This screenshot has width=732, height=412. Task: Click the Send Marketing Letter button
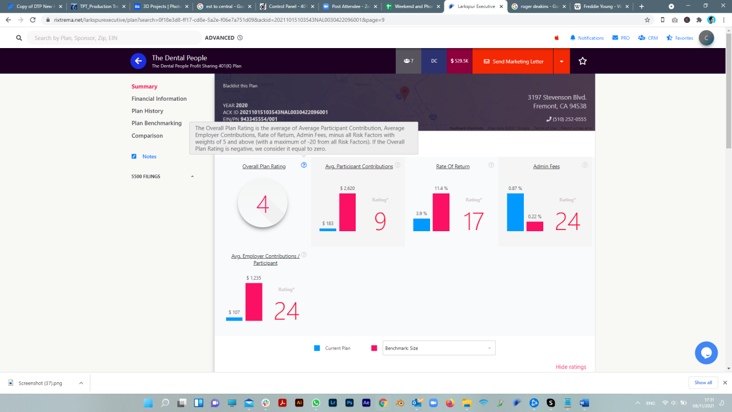click(x=513, y=61)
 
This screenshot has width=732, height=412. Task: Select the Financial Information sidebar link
click(x=159, y=99)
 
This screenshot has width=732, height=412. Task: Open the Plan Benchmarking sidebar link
click(x=157, y=123)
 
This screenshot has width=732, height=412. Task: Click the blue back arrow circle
click(x=138, y=61)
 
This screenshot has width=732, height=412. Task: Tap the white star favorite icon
click(x=583, y=61)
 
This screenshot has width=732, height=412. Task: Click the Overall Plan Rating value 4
click(x=262, y=204)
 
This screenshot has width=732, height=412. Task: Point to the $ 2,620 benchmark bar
click(x=347, y=212)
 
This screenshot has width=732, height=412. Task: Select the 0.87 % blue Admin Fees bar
click(x=515, y=212)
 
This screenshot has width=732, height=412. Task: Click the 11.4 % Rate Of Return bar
click(x=441, y=212)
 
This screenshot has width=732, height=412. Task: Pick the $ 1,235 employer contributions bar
click(x=254, y=302)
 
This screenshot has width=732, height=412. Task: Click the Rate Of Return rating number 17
click(x=474, y=222)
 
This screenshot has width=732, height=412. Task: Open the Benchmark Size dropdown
click(x=439, y=348)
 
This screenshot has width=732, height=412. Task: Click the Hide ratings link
click(x=570, y=367)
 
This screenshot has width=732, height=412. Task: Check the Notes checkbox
click(x=134, y=156)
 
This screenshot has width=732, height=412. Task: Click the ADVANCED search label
click(x=220, y=38)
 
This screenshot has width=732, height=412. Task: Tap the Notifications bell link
click(x=587, y=38)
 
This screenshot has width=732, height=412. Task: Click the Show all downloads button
click(x=703, y=382)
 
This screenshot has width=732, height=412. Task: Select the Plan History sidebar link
click(x=148, y=111)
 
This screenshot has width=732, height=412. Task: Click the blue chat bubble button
click(x=706, y=352)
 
